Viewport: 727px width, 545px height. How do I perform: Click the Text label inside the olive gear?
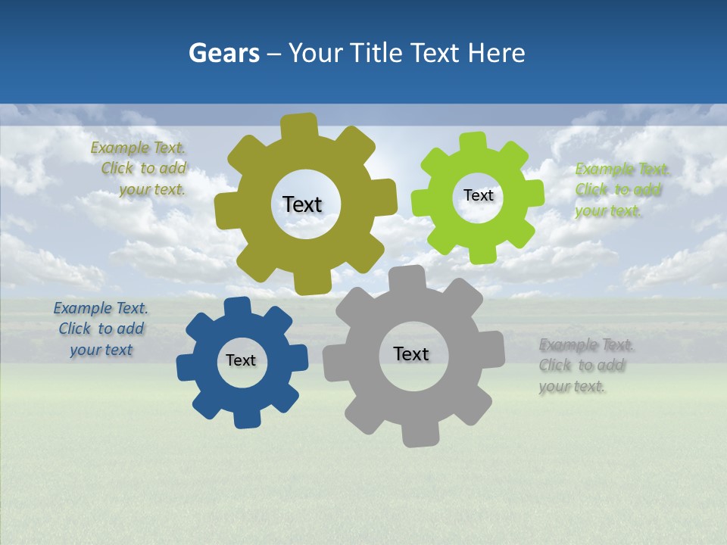pyautogui.click(x=302, y=204)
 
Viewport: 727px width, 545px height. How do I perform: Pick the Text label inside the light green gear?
pyautogui.click(x=478, y=195)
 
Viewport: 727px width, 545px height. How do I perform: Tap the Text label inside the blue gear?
pyautogui.click(x=241, y=360)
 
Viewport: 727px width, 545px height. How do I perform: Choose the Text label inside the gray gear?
pyautogui.click(x=411, y=353)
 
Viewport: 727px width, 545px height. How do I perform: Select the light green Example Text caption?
pyautogui.click(x=620, y=190)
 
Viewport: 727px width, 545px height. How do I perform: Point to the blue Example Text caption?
pyautogui.click(x=101, y=329)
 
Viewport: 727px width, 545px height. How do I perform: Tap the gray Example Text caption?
pyautogui.click(x=585, y=366)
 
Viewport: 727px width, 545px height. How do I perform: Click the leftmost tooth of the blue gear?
pyautogui.click(x=186, y=366)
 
